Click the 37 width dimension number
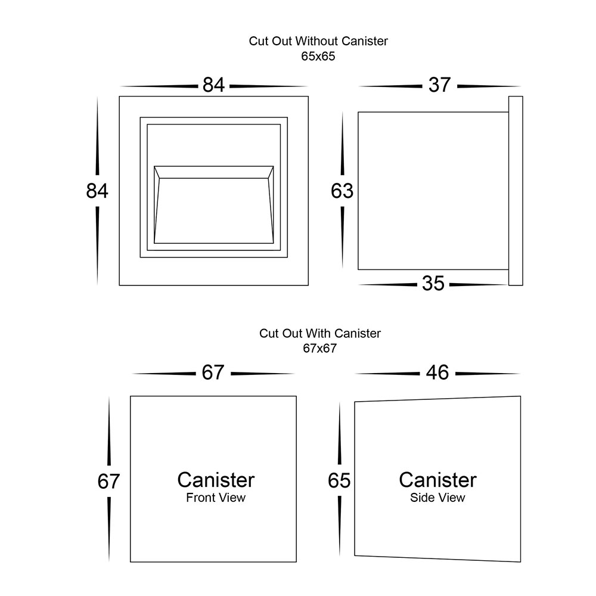(439, 85)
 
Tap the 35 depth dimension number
(433, 284)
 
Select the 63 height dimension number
(343, 191)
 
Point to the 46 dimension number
(437, 372)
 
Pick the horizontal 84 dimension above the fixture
(213, 85)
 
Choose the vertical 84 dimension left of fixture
(97, 191)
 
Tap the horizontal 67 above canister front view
(212, 372)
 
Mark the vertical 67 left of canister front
(109, 481)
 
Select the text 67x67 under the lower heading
(319, 349)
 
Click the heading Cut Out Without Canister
(318, 42)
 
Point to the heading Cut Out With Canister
(319, 333)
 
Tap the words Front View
(216, 498)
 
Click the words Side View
(437, 498)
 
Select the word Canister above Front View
(216, 480)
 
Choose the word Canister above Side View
(437, 480)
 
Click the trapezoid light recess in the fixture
(213, 209)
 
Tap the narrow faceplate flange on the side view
(516, 191)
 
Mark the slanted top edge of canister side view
(437, 399)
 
